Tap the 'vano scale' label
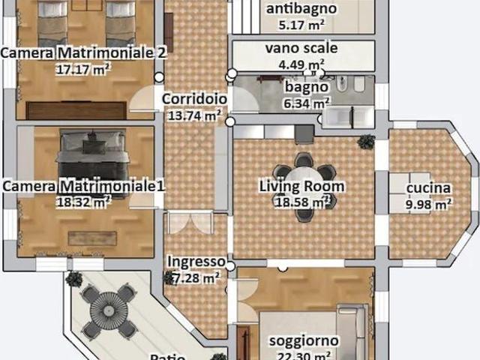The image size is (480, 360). click(x=301, y=48)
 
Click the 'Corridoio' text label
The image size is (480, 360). click(x=194, y=98)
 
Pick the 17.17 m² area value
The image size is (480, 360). click(x=83, y=69)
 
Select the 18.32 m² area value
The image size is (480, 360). click(x=83, y=201)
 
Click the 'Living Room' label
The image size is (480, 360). click(x=301, y=186)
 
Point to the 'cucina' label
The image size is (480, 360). click(x=428, y=187)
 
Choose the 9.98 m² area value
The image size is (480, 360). click(x=428, y=202)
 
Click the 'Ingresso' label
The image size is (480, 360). click(x=196, y=261)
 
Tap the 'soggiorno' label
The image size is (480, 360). click(x=303, y=340)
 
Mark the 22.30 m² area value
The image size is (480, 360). click(x=303, y=355)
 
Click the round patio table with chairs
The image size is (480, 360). click(x=109, y=308)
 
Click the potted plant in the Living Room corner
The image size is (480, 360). click(x=366, y=140)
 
